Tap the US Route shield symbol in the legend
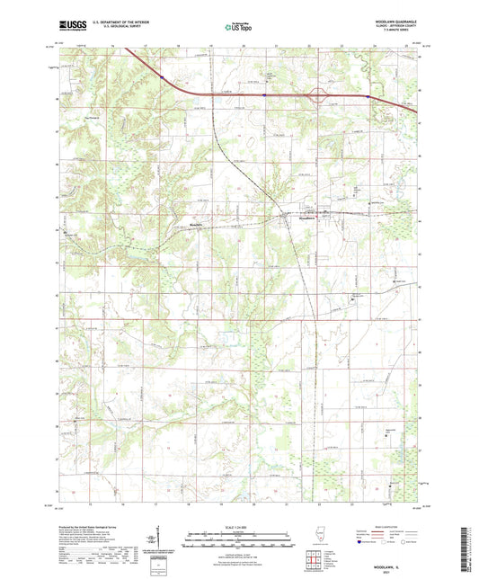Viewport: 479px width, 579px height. point(382,541)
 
